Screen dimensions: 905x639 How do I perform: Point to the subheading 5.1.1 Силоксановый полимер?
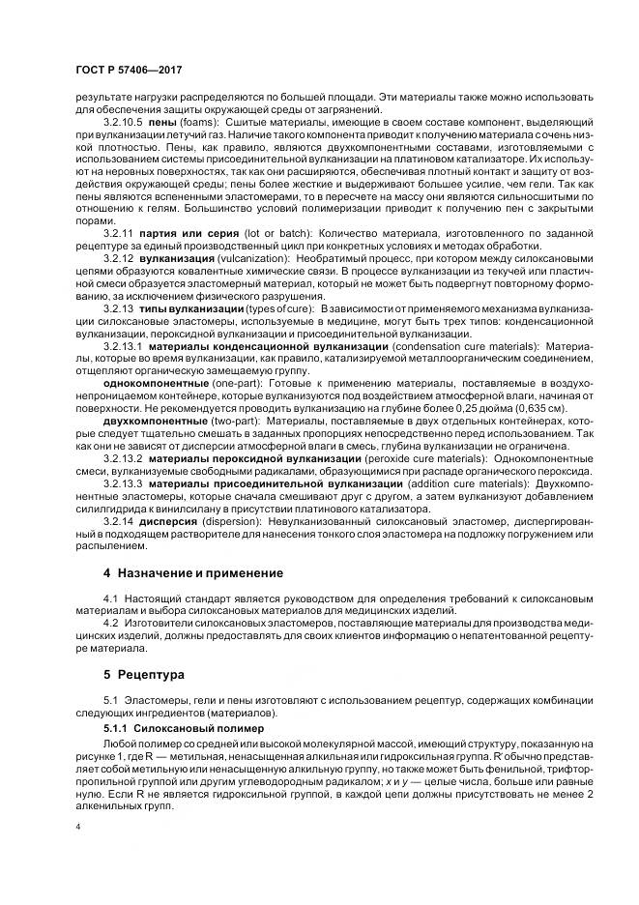(175, 724)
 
